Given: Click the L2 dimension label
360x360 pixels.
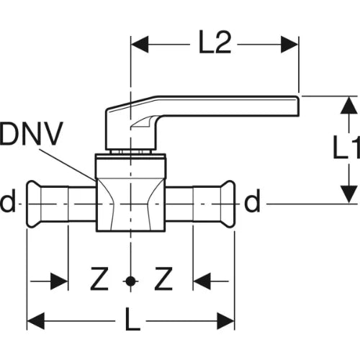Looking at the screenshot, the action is (x=215, y=42).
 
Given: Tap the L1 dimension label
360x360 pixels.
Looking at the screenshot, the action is (x=347, y=147).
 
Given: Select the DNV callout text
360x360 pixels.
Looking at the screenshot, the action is (x=32, y=133).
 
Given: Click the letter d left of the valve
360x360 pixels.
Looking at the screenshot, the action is (x=8, y=201).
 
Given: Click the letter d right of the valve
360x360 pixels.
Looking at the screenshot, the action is (x=252, y=201).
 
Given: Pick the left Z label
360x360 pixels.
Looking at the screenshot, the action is (x=99, y=279).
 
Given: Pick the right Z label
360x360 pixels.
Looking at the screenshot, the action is (x=163, y=279).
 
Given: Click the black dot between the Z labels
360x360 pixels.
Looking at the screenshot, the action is (x=130, y=281).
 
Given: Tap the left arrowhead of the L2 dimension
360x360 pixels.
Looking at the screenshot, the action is (x=140, y=45).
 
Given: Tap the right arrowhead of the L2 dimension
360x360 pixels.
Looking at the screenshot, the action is (x=289, y=45).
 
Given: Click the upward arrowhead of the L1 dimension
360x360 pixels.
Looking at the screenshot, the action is (x=349, y=104).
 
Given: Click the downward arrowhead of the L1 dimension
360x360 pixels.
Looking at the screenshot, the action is (x=349, y=194).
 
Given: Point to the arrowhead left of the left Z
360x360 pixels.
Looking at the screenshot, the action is (x=59, y=281).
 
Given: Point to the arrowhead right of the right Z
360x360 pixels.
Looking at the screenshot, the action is (x=202, y=281).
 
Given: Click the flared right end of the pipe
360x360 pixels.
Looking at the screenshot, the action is (x=228, y=204).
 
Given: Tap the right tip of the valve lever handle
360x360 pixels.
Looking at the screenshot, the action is (x=298, y=107).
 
